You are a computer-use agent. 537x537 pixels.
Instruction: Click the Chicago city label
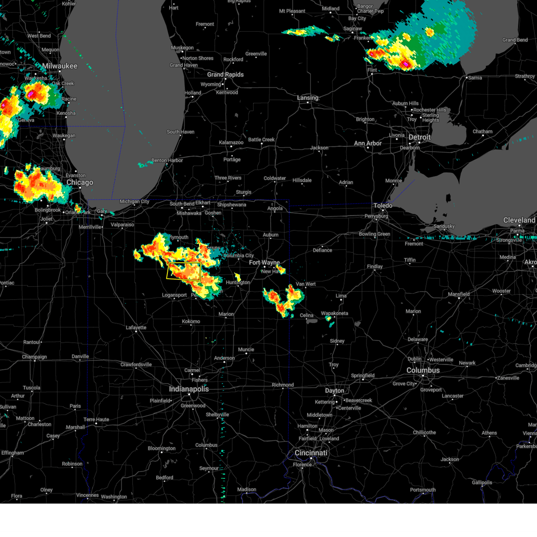point(80,183)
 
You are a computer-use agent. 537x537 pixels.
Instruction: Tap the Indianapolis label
point(189,389)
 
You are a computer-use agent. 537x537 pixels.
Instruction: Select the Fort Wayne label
point(264,263)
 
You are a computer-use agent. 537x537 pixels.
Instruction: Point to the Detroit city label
point(419,137)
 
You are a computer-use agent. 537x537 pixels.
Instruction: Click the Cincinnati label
point(311,453)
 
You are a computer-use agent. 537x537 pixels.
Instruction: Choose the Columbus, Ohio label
point(423,371)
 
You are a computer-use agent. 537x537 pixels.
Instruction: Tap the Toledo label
point(383,205)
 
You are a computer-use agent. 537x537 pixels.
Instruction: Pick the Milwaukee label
point(60,66)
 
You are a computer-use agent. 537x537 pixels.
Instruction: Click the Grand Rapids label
point(225,75)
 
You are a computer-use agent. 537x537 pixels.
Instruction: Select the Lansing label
point(308,98)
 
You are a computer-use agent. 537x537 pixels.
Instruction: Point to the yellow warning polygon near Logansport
point(183,271)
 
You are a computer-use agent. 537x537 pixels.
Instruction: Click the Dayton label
point(334,391)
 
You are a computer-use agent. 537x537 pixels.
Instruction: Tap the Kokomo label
point(191,321)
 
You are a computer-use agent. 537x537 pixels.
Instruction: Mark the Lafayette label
point(136,328)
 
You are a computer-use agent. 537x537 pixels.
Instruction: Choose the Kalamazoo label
point(231,143)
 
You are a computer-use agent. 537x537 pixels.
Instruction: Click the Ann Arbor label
point(368,144)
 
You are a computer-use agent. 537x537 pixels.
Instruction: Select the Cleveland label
point(519,220)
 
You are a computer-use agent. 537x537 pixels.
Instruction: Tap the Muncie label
point(246,349)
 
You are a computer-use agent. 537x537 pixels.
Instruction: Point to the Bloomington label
point(162,448)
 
